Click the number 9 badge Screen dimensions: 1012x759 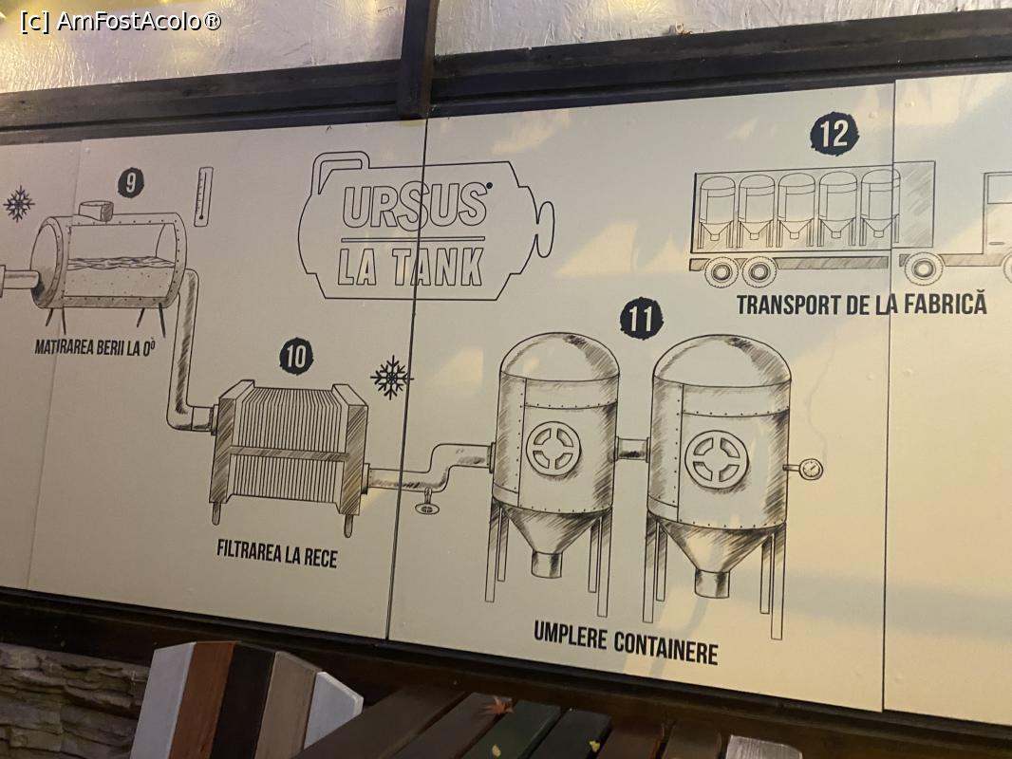point(131,183)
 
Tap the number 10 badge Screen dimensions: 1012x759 point(296,356)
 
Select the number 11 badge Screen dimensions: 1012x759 point(641,318)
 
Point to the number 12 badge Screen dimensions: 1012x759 point(834,134)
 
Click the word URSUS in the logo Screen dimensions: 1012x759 point(414,205)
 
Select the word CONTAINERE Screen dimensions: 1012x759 point(665,647)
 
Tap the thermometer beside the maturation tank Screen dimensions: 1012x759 point(205,196)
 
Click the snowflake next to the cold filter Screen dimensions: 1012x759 point(390,377)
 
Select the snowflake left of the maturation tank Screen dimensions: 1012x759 point(19,204)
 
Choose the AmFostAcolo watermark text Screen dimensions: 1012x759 point(121,21)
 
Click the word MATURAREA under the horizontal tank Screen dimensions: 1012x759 point(65,347)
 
